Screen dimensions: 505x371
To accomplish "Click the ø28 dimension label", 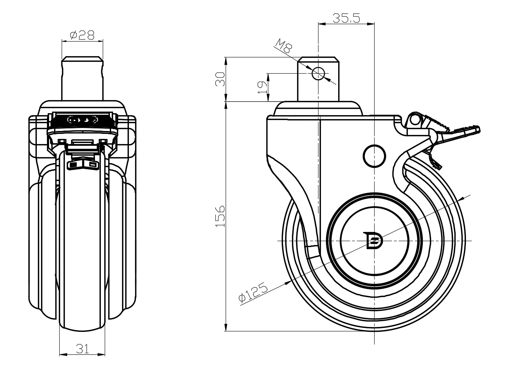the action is coord(82,35).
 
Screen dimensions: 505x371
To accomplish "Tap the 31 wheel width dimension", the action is coord(82,349).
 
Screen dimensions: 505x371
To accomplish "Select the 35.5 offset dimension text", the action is coord(346,18).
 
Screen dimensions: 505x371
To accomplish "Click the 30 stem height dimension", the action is coord(220,79).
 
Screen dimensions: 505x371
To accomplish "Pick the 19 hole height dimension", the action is coord(262,88).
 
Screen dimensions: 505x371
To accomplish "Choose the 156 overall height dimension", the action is coord(220,216).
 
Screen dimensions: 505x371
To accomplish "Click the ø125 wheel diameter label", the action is coord(253,292).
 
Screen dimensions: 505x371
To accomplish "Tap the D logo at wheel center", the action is coord(374,241).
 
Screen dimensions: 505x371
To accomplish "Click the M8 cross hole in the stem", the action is coord(318,73).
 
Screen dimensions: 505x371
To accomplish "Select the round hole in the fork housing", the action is coord(374,156).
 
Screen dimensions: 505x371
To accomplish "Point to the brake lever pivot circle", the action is coord(415,120).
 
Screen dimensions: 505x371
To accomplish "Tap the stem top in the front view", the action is coord(83,59).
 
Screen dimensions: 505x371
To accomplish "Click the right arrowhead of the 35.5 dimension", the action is coord(371,24).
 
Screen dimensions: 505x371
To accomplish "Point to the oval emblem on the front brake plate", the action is coord(83,120).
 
